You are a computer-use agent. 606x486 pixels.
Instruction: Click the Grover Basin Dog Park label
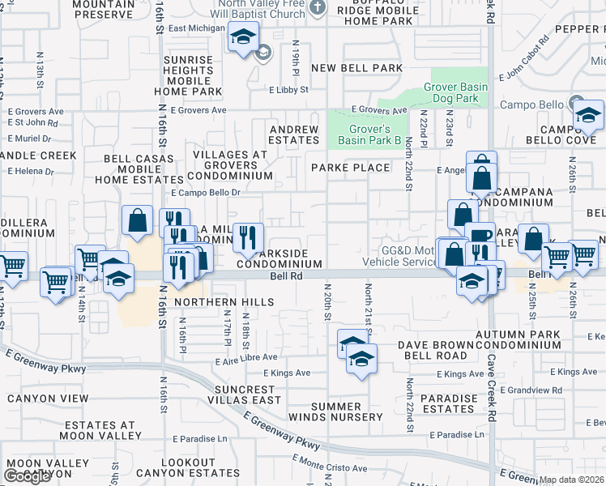click(x=452, y=93)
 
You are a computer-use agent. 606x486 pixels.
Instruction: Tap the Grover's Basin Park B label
click(x=375, y=134)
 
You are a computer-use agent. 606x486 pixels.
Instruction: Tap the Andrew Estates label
click(x=294, y=134)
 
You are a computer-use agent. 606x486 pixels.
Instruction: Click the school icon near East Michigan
click(x=241, y=37)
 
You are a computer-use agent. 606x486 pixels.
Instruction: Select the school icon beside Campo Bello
click(x=588, y=115)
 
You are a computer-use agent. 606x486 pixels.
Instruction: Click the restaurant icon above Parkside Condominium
click(x=248, y=237)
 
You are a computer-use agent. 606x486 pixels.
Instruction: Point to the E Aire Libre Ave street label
click(x=246, y=357)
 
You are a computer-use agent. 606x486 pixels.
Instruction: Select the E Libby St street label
click(x=289, y=90)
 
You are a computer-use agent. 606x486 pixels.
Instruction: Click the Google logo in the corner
click(x=27, y=477)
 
